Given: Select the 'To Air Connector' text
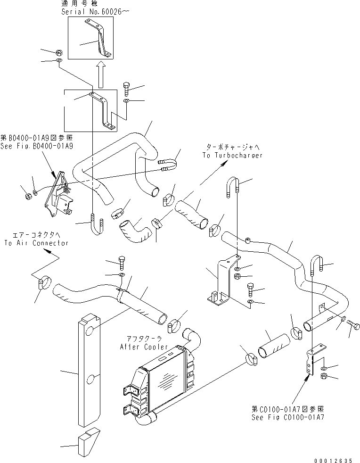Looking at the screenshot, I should pyautogui.click(x=36, y=243).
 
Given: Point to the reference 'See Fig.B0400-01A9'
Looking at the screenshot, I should pyautogui.click(x=37, y=147).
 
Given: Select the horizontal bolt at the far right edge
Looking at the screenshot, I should pyautogui.click(x=354, y=326).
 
